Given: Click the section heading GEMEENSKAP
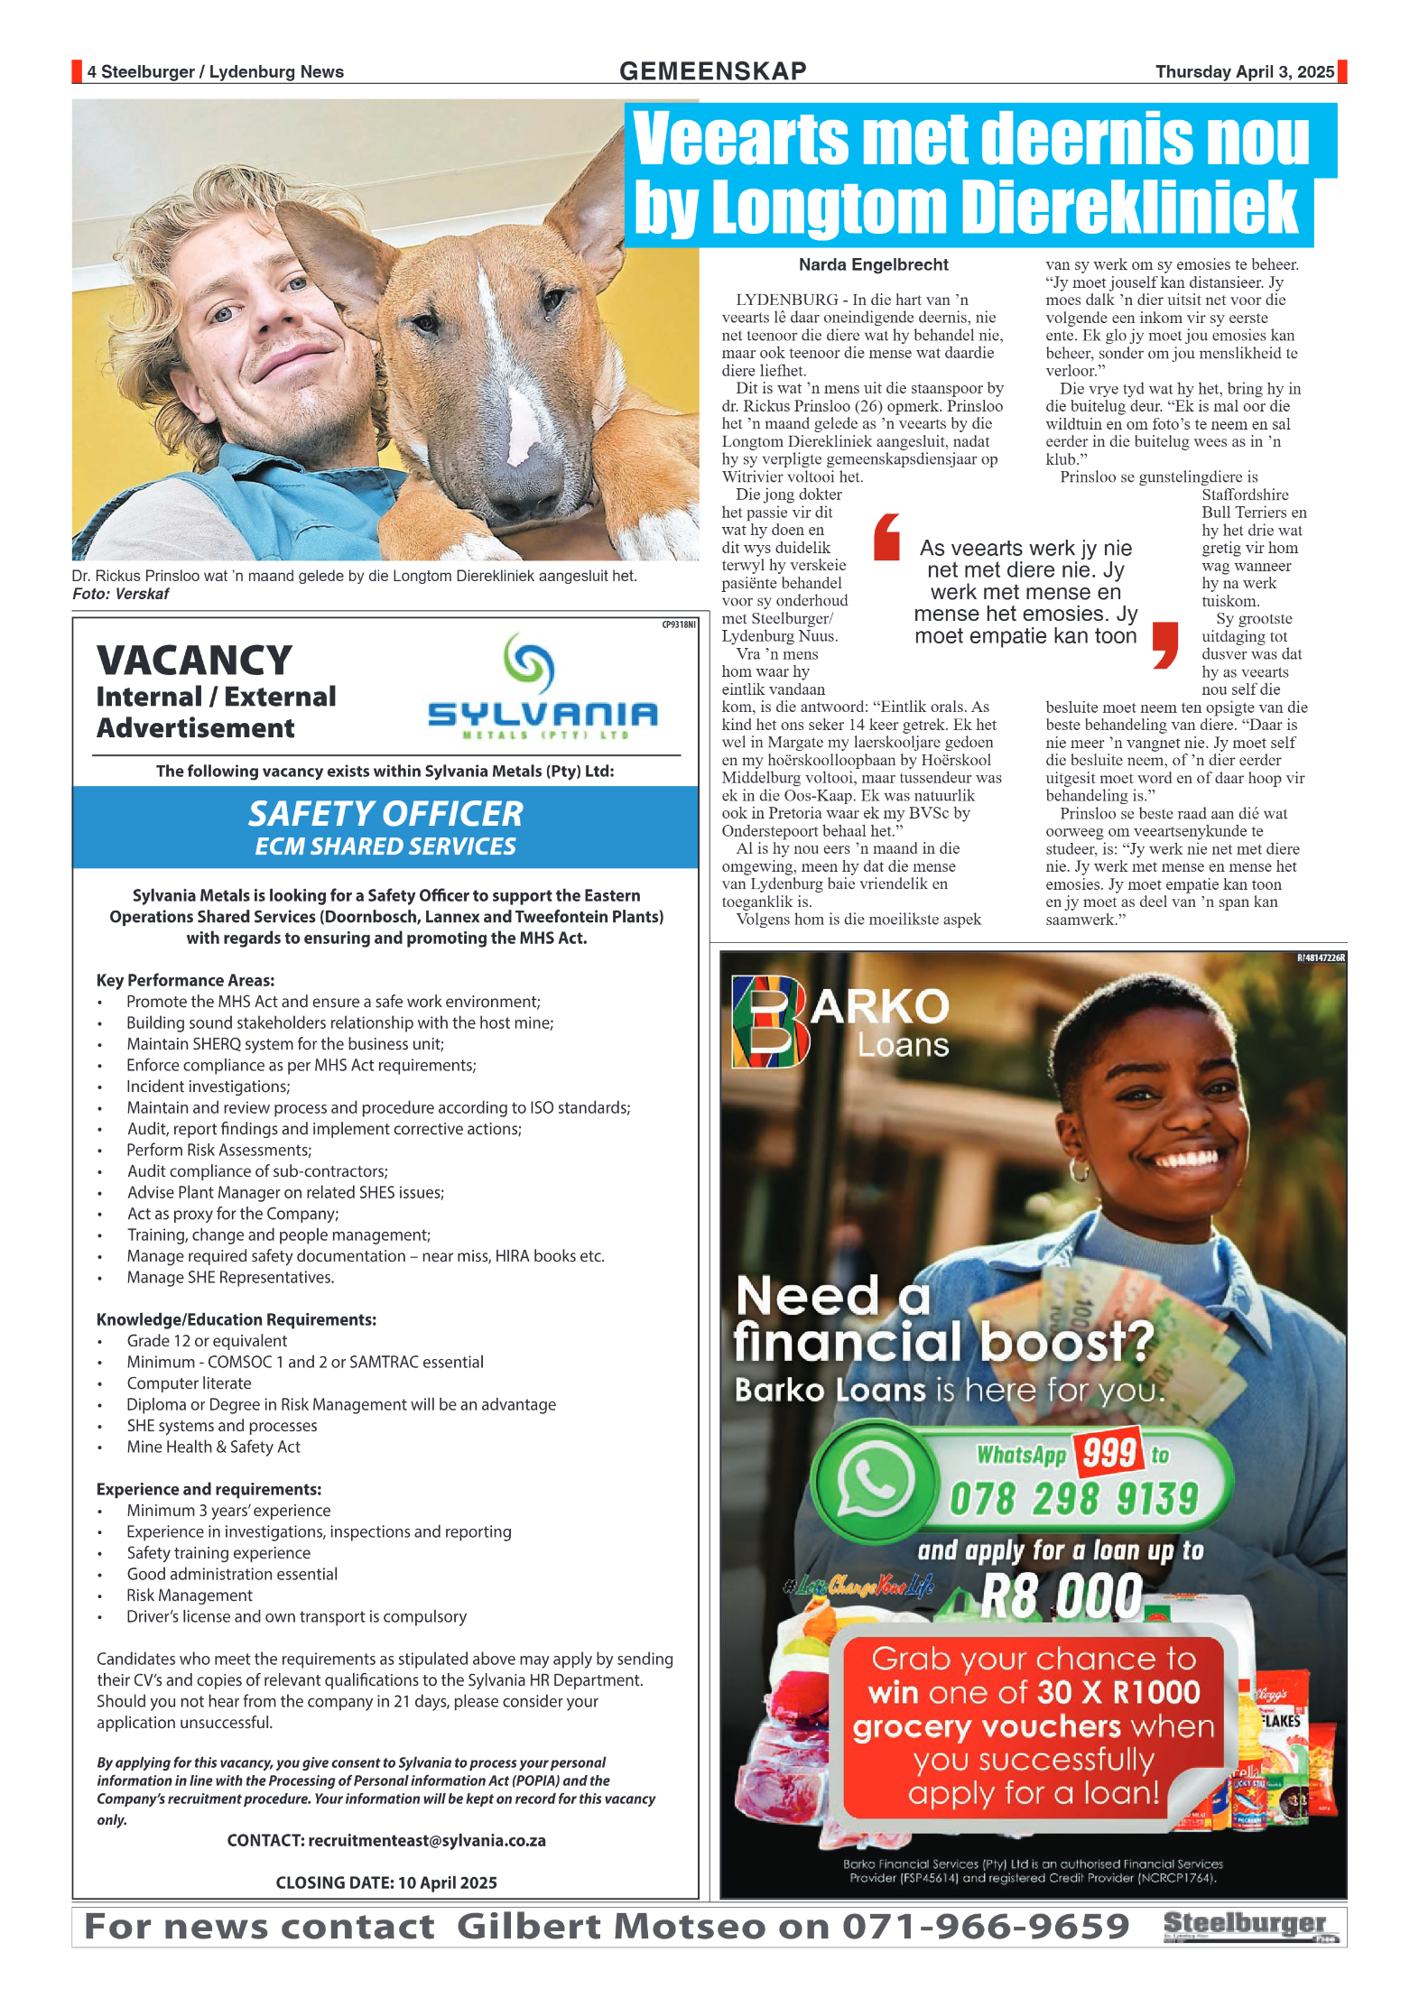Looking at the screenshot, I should click(712, 71).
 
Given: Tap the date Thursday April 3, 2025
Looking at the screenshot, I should click(1244, 71).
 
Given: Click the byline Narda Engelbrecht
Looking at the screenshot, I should click(873, 264).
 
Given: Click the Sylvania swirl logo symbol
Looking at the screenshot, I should click(529, 662).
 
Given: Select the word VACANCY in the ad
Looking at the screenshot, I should click(194, 661).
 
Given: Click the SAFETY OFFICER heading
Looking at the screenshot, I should click(385, 814).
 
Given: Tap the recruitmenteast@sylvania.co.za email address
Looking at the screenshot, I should click(427, 1840).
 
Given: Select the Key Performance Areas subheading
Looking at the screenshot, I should click(185, 980).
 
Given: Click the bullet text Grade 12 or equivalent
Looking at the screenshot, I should click(207, 1340).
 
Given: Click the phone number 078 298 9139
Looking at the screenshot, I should click(1073, 1499).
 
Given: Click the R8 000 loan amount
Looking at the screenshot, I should click(1061, 1596).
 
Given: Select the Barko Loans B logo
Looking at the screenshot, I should click(768, 1022).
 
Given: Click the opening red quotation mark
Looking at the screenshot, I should click(886, 538).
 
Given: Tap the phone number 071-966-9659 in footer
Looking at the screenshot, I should click(985, 1927).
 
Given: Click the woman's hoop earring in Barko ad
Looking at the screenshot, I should click(1078, 1170).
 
